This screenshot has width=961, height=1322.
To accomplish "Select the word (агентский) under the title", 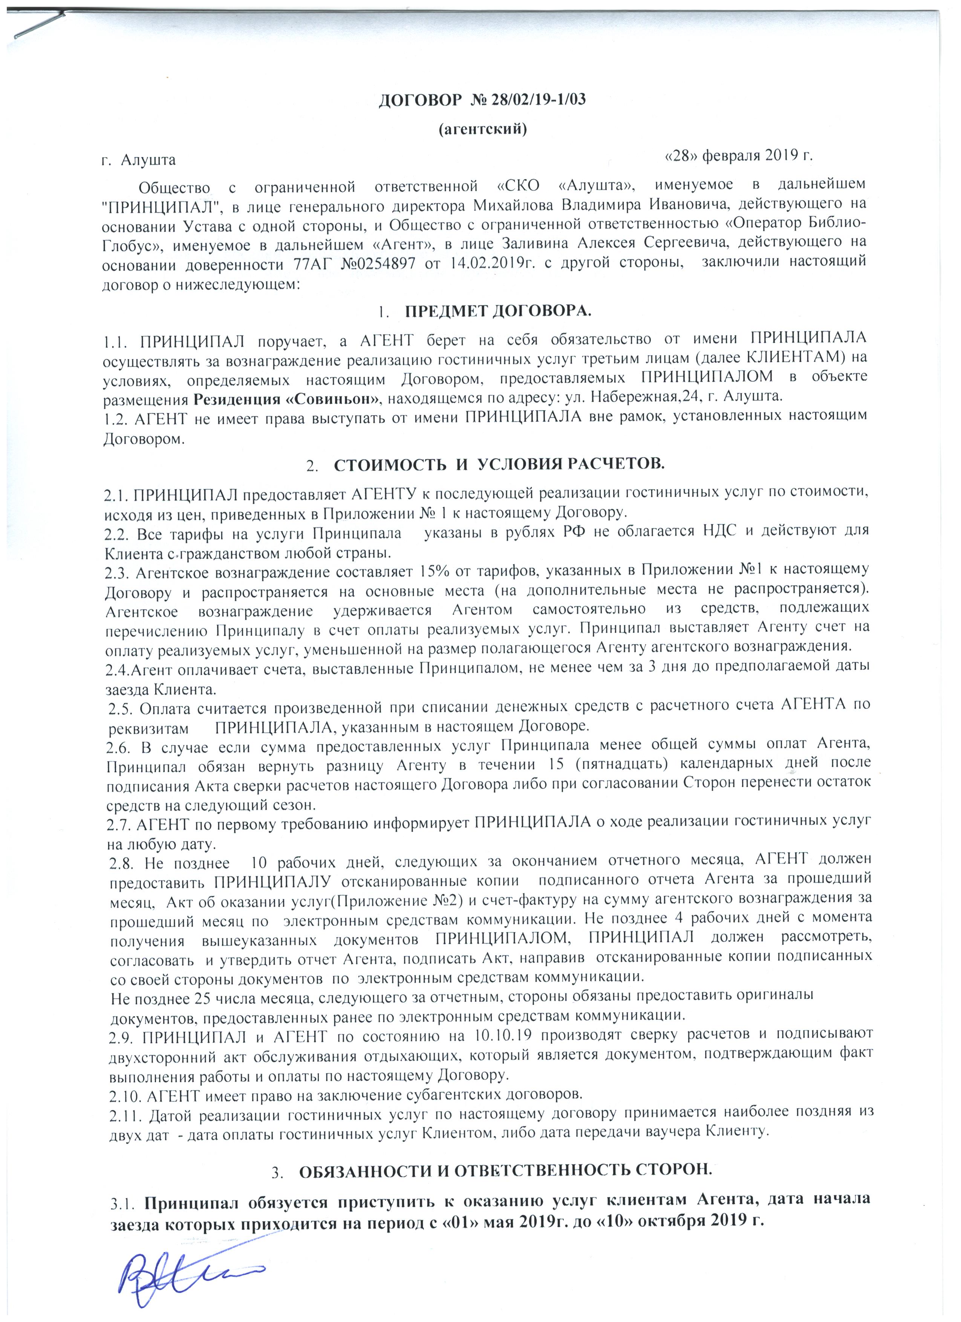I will (x=482, y=129).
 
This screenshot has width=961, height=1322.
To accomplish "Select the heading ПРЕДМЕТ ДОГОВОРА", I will (x=498, y=312).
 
